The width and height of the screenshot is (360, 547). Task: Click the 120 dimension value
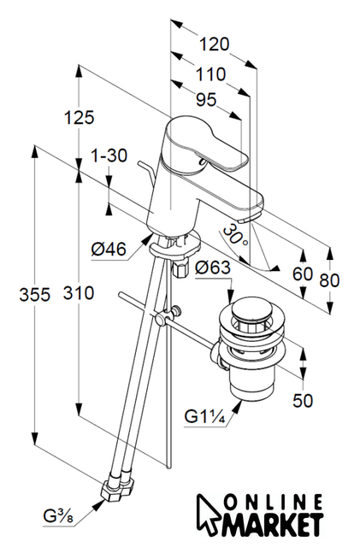click(x=215, y=45)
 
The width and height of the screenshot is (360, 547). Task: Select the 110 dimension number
click(x=211, y=74)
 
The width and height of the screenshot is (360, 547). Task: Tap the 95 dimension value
click(x=206, y=100)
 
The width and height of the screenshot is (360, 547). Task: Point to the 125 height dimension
click(x=79, y=117)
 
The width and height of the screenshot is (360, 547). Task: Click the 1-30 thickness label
click(x=109, y=156)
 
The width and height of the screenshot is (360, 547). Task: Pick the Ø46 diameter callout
click(x=109, y=250)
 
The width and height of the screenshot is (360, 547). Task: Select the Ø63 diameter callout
click(x=213, y=268)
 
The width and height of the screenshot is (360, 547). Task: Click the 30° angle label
click(x=236, y=235)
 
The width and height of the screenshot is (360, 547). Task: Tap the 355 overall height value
click(x=34, y=295)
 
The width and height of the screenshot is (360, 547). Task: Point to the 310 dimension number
click(x=79, y=293)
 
